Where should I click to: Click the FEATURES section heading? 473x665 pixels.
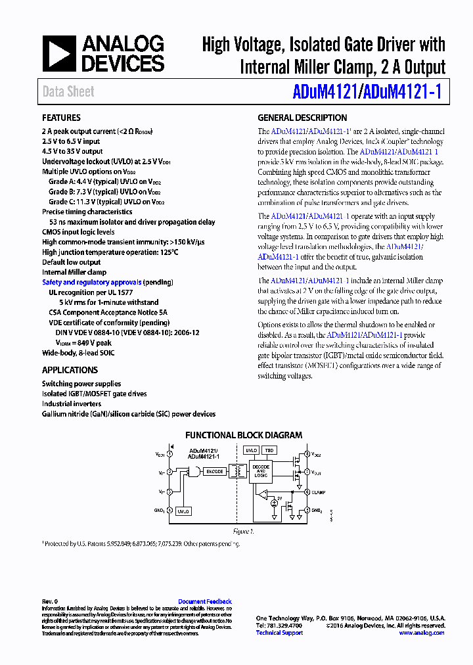(61, 118)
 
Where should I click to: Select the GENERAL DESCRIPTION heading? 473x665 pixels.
(302, 118)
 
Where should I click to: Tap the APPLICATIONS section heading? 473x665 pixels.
(70, 370)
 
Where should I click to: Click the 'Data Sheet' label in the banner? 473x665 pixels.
(68, 92)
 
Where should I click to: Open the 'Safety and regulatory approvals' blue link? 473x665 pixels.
(91, 283)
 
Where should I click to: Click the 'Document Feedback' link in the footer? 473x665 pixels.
(205, 601)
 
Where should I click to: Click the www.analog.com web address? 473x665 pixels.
(421, 632)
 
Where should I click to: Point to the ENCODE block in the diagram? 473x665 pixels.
(215, 472)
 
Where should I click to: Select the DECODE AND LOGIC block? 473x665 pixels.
(260, 471)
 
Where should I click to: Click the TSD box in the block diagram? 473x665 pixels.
(269, 451)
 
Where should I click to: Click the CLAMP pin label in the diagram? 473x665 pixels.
(319, 492)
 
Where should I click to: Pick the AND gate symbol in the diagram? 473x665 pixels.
(194, 472)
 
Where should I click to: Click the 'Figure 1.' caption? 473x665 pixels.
(243, 530)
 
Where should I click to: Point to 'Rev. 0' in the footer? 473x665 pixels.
(51, 601)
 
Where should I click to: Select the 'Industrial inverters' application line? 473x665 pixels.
(72, 404)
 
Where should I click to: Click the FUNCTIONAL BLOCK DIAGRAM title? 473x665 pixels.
(243, 435)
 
